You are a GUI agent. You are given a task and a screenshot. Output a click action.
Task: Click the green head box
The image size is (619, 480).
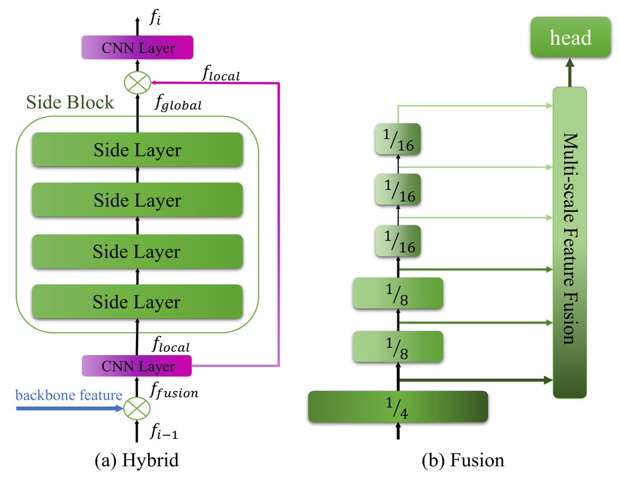coord(570,38)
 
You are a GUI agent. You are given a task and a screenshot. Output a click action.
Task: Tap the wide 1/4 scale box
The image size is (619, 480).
coord(397,406)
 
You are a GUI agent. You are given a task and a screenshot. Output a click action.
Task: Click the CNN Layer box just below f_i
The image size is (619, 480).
coord(137,48)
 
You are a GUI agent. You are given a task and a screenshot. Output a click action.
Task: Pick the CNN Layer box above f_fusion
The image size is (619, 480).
coord(137,366)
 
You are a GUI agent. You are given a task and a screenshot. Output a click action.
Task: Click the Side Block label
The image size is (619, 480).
coord(70,102)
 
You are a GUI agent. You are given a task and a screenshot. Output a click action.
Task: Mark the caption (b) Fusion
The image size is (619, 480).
coord(462,460)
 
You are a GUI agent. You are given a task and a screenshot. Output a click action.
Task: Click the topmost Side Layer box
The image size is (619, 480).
coord(137,149)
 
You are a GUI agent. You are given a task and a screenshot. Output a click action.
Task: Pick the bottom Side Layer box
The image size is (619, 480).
coord(137,301)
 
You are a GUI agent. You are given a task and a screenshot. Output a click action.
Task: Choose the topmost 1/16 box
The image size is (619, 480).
coord(398,138)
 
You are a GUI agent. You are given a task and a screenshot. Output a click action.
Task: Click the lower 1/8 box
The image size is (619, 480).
coord(398,346)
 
